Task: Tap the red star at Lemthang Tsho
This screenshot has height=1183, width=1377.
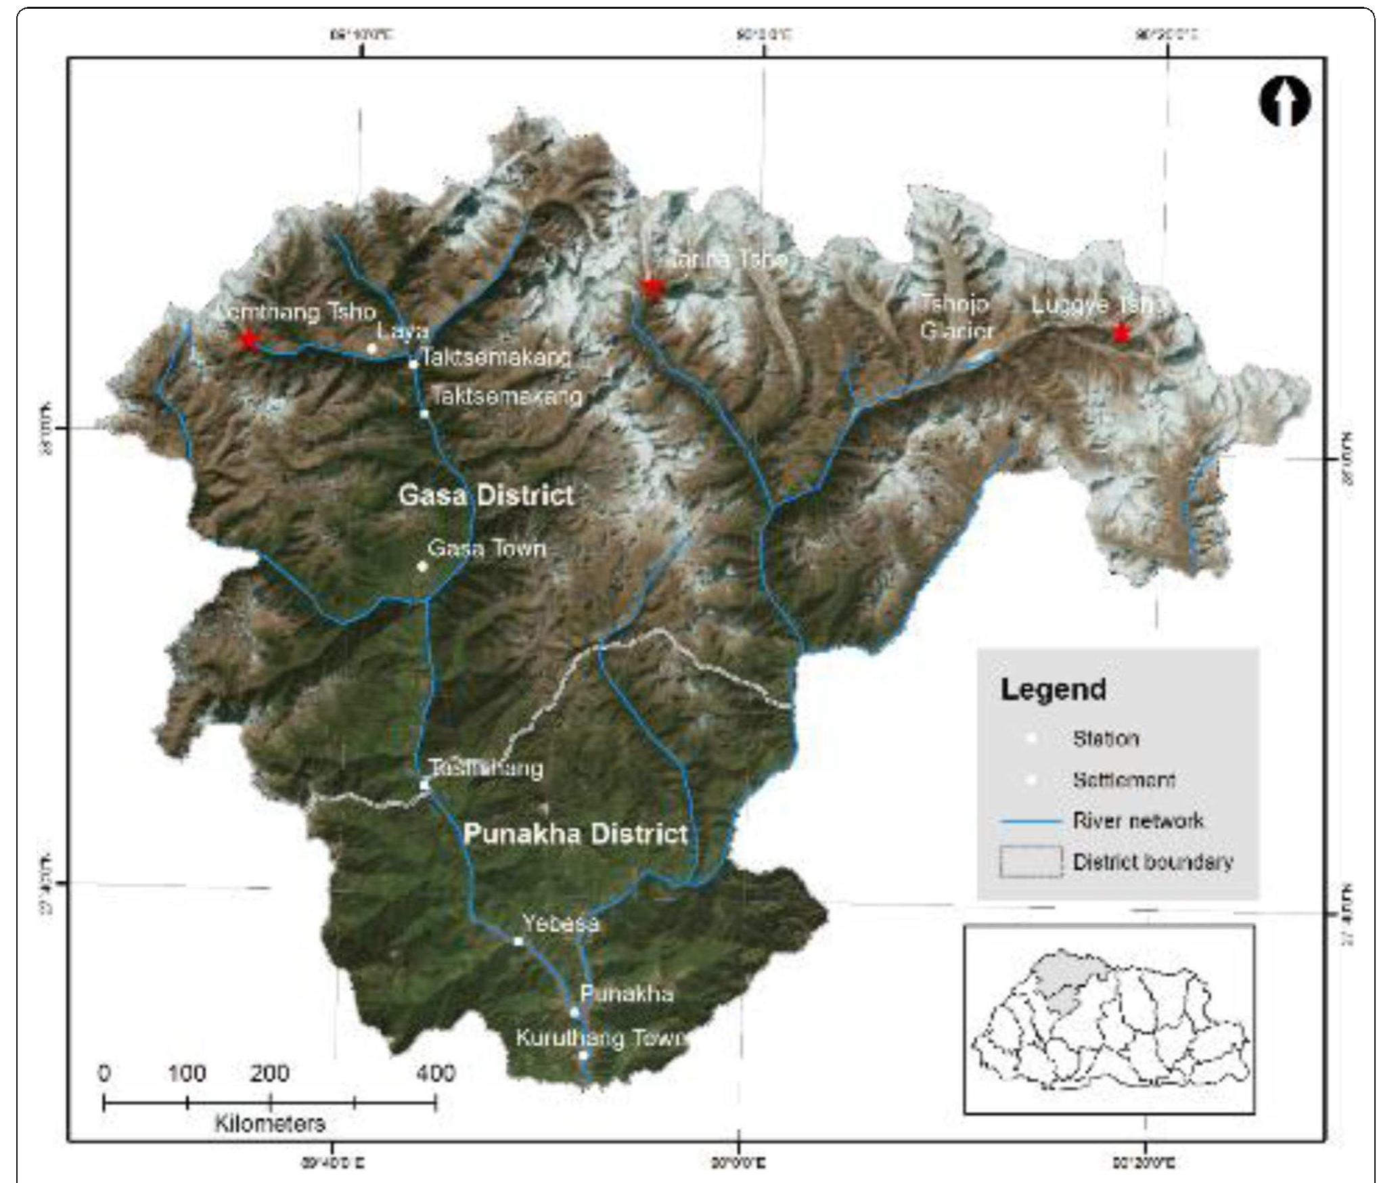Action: [x=248, y=340]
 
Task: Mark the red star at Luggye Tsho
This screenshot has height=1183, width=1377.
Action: [x=1121, y=333]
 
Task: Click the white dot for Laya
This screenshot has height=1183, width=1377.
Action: [x=371, y=349]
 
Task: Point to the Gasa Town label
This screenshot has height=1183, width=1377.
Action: [x=487, y=548]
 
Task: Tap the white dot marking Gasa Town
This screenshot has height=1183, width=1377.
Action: [x=422, y=566]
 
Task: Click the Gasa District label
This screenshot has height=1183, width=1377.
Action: [x=486, y=495]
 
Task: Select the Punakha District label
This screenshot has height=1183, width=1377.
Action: [x=575, y=834]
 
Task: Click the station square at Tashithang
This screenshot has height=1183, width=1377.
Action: [x=424, y=785]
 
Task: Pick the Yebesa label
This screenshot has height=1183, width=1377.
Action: [x=560, y=923]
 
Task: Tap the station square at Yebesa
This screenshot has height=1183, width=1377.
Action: [x=518, y=941]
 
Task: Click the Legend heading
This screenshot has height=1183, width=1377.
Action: [x=1053, y=690]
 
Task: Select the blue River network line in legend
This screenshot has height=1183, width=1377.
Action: [x=1030, y=822]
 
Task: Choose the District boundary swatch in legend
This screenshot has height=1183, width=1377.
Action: [x=1031, y=862]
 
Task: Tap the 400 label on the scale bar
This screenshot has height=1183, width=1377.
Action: [x=436, y=1073]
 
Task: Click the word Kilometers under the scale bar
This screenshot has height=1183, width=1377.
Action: [x=269, y=1124]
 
